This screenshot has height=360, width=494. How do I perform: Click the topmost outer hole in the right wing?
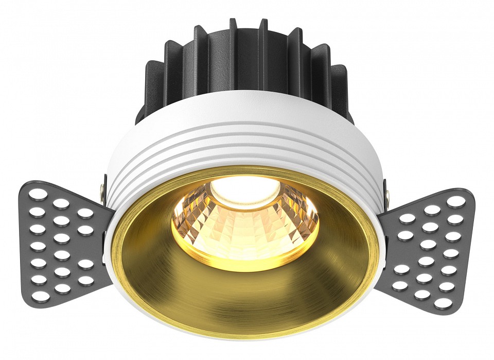click(455, 202)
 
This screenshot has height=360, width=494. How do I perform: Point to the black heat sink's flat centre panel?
click(245, 57)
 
